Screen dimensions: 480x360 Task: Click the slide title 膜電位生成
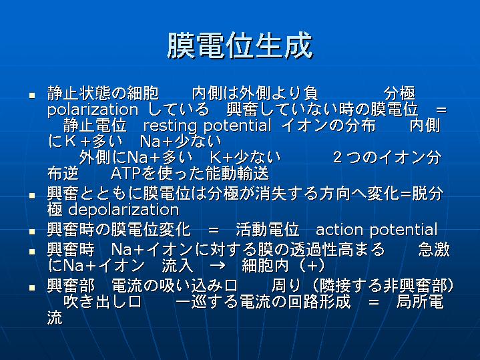[x=240, y=46]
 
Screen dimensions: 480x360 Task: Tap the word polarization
[x=93, y=110]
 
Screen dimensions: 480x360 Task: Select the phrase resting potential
[x=207, y=126]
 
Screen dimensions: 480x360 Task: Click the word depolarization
[x=124, y=210]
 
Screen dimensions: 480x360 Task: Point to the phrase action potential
[x=377, y=230]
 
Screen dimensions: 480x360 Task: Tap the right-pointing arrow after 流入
[x=218, y=265]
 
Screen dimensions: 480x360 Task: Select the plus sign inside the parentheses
[x=312, y=265]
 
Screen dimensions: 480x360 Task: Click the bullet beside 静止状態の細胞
[x=32, y=96]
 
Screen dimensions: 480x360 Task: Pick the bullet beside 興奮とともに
[x=32, y=196]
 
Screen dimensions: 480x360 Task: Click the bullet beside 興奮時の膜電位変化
[x=32, y=231]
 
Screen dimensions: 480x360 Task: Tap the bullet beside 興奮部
[x=32, y=288]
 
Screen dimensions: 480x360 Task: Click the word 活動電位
[x=268, y=230]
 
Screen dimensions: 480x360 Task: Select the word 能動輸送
[x=237, y=174]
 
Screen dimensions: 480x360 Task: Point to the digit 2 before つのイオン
[x=337, y=157]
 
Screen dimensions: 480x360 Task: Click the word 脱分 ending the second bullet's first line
[x=428, y=194]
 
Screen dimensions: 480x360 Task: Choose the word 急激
[x=434, y=250]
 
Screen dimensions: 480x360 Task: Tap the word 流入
[x=178, y=265]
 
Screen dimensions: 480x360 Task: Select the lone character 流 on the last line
[x=55, y=317]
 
